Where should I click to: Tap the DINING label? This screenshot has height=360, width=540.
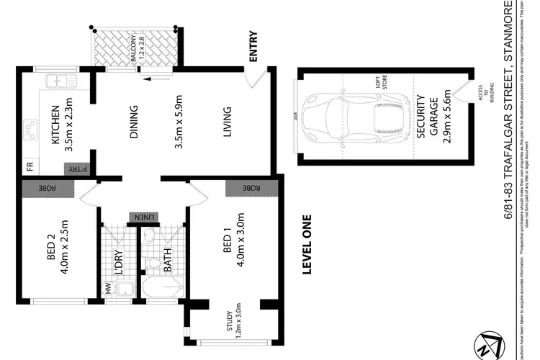click(133, 122)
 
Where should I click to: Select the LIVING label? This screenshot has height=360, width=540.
click(228, 122)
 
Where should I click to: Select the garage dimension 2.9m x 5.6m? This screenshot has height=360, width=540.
click(447, 121)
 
